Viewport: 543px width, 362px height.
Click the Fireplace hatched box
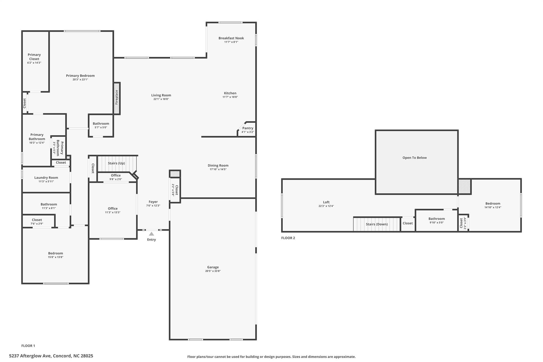click(x=117, y=98)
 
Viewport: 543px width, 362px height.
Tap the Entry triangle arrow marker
click(x=151, y=234)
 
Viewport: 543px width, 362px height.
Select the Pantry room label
click(x=248, y=128)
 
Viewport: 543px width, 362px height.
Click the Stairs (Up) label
click(x=116, y=163)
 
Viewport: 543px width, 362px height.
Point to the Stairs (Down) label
click(x=377, y=224)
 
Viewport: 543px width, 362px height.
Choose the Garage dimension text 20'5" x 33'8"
click(x=213, y=271)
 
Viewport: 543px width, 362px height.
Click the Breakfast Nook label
click(x=231, y=38)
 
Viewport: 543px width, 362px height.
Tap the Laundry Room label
click(x=46, y=178)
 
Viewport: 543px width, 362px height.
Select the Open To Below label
click(x=415, y=158)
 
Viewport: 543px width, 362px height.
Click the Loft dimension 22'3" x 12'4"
click(x=326, y=206)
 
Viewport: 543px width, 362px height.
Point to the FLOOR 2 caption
click(x=288, y=238)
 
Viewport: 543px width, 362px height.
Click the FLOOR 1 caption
click(x=28, y=346)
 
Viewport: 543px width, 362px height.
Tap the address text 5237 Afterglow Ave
click(x=30, y=356)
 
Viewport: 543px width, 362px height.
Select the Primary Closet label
click(x=34, y=57)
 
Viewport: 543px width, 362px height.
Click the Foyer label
click(x=153, y=202)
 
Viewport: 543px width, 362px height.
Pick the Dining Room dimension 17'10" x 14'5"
click(x=218, y=169)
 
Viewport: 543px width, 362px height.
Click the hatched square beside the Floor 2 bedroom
click(x=465, y=187)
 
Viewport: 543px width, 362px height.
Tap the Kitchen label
click(x=230, y=93)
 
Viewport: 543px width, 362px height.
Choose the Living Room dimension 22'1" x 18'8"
click(x=161, y=99)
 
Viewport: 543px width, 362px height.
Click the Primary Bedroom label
click(x=80, y=76)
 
